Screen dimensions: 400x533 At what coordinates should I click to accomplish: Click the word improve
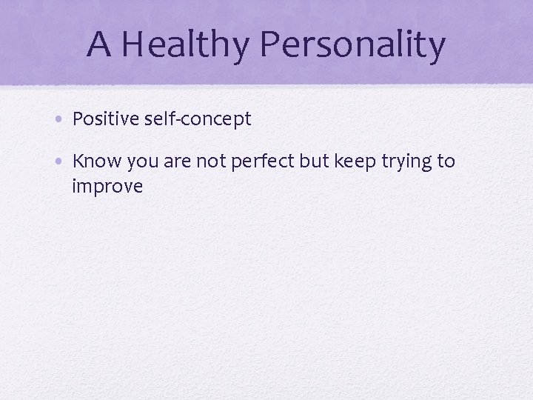coord(107,187)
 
